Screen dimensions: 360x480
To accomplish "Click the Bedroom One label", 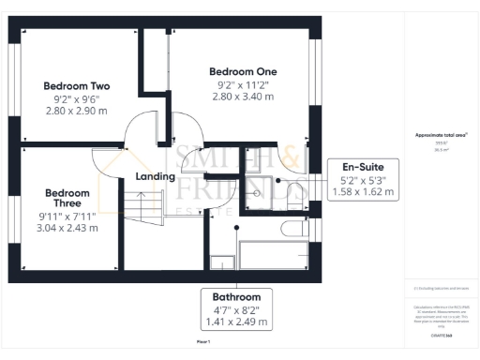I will point(243,71).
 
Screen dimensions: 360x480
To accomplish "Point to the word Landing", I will point(156,176).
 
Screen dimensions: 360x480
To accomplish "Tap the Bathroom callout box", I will point(236,308).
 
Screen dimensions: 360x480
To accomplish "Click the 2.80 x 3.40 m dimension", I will point(243,96).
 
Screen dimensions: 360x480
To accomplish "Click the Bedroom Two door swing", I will point(142,126).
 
